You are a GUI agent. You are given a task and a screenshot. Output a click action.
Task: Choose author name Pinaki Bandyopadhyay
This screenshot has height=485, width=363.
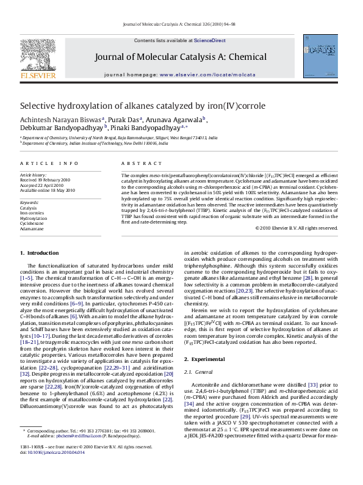tap(146, 128)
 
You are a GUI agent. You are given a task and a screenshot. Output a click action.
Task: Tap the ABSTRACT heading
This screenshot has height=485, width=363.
tap(135, 164)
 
